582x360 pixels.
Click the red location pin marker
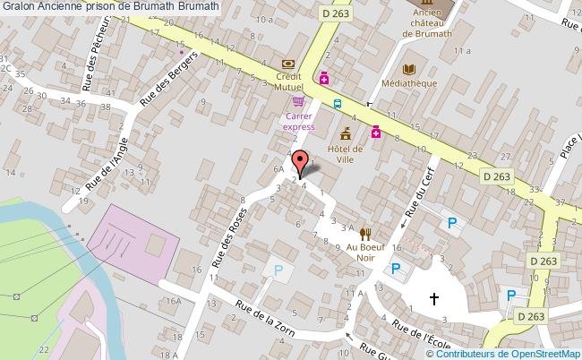pyautogui.click(x=299, y=162)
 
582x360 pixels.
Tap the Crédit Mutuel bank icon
pyautogui.click(x=287, y=64)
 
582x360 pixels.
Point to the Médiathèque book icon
pyautogui.click(x=410, y=69)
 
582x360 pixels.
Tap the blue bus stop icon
pyautogui.click(x=337, y=103)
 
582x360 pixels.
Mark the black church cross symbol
pyautogui.click(x=434, y=298)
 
